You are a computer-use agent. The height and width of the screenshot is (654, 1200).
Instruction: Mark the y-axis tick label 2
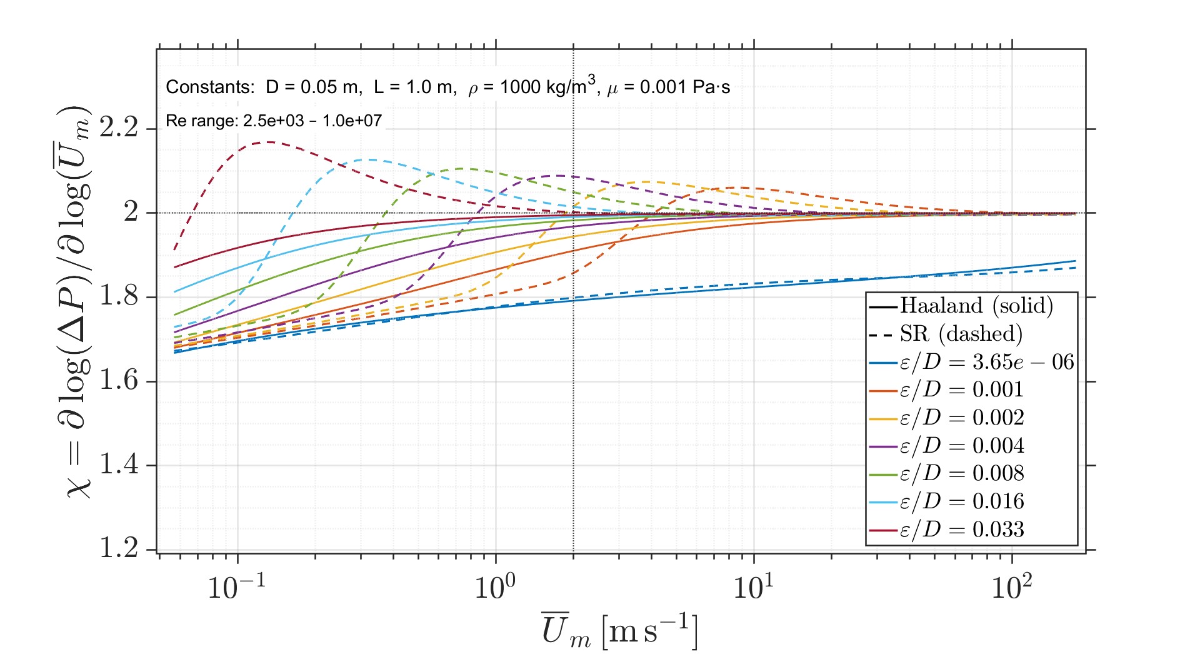(x=131, y=213)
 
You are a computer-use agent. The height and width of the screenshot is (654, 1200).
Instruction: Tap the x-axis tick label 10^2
(x=1012, y=586)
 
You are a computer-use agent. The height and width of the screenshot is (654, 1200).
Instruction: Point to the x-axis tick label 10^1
(x=753, y=586)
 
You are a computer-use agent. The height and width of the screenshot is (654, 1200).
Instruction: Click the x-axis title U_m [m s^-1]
(x=619, y=630)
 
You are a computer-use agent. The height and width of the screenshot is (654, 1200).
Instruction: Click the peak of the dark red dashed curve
(x=269, y=142)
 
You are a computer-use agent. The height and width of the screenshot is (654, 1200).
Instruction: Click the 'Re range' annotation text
(x=273, y=121)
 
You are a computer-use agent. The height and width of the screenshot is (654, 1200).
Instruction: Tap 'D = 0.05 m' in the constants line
(x=313, y=87)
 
